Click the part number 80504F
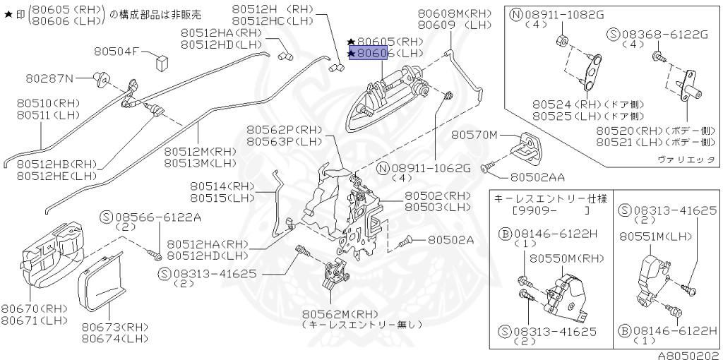[x=117, y=51]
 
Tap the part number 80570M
[x=475, y=135]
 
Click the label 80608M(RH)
[x=454, y=14]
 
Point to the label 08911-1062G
[x=431, y=169]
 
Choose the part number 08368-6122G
[x=667, y=34]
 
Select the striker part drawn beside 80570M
[x=529, y=144]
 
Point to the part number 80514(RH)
[x=221, y=186]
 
